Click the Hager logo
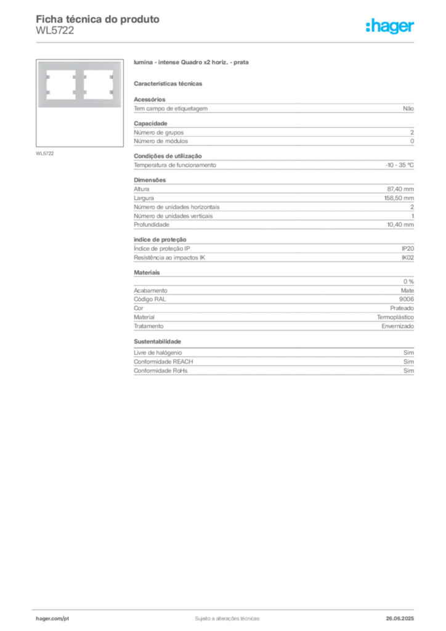tap(390, 26)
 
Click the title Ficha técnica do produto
tap(98, 19)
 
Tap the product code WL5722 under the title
tap(55, 31)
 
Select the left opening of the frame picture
tap(61, 85)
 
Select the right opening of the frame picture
tap(98, 85)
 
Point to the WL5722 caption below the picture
tap(44, 153)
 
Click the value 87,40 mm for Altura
tap(400, 189)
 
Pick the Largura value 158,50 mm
tap(399, 198)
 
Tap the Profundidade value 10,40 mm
tap(400, 224)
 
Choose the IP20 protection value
tap(408, 249)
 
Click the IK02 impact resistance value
tap(408, 258)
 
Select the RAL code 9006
tap(406, 299)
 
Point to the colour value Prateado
tap(402, 308)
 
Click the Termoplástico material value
tap(395, 317)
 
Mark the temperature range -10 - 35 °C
tap(399, 165)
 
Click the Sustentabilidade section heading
tap(157, 341)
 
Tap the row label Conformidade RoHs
tap(160, 370)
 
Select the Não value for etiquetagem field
tap(408, 108)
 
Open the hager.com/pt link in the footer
tap(52, 619)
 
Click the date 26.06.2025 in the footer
tap(400, 619)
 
